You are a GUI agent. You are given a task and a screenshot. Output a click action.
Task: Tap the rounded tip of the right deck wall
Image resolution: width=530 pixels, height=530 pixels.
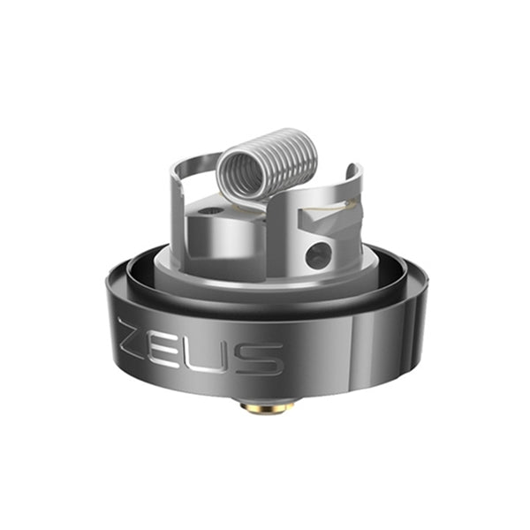point(352,170)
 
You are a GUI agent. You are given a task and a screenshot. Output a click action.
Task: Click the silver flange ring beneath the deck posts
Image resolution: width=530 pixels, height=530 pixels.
point(265,281)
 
